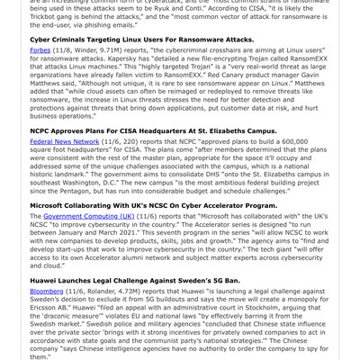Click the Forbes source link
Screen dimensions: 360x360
click(x=41, y=51)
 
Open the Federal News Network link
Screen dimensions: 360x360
click(x=64, y=141)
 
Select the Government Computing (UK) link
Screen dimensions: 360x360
click(x=89, y=217)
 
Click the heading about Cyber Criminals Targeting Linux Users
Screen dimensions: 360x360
click(x=141, y=40)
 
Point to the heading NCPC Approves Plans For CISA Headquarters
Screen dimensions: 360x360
click(x=153, y=130)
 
